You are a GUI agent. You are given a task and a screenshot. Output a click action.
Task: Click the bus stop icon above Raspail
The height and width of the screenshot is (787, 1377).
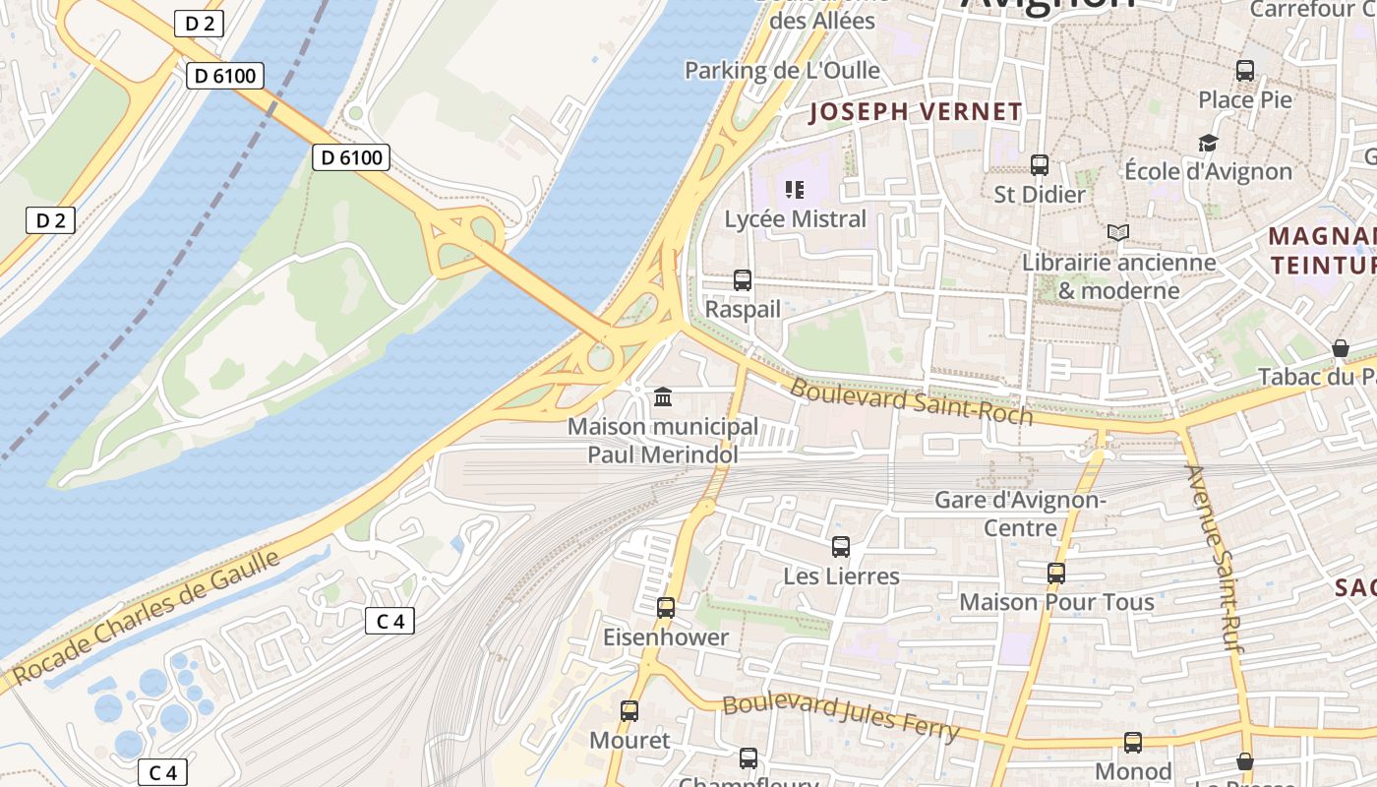point(743,280)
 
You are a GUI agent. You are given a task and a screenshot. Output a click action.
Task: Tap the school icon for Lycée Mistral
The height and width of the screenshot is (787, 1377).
point(795,189)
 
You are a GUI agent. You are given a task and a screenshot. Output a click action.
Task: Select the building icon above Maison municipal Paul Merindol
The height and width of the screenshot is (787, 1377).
point(663,397)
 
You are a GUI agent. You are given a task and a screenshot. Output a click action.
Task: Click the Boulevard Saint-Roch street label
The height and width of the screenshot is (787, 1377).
point(911,401)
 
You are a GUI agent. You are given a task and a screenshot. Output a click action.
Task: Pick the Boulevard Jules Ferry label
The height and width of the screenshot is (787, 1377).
point(841,716)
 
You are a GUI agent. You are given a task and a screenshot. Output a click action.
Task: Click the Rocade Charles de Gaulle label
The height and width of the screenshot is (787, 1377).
point(148,617)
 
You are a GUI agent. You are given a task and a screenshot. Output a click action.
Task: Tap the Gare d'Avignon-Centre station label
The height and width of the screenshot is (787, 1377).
point(1020,514)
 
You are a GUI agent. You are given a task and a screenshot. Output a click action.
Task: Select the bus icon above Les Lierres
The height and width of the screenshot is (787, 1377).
point(841,547)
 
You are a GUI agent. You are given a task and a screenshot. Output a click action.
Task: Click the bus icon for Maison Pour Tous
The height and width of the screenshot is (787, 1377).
point(1056,573)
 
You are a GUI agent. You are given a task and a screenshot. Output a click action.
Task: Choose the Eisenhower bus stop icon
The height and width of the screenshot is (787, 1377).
point(666,608)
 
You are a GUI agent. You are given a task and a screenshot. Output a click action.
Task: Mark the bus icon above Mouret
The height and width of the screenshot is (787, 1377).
point(629,710)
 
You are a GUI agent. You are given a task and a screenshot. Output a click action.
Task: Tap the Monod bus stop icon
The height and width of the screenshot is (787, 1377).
point(1133,743)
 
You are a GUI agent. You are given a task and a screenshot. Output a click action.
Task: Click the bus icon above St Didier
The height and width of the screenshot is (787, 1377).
point(1040,165)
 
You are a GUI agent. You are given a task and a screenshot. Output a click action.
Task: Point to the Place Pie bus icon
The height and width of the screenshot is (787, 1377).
point(1245,71)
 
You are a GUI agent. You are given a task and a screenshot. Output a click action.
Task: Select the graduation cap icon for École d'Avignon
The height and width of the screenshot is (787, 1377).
point(1208,144)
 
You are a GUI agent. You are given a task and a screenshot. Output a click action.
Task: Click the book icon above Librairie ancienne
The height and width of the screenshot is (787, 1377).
point(1117,233)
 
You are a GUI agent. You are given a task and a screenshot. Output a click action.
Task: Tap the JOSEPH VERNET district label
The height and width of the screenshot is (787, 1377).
point(916,112)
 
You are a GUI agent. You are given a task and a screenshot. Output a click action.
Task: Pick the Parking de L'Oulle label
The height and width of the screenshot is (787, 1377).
point(782,70)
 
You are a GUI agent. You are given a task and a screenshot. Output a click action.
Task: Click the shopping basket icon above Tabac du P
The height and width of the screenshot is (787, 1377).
point(1340,348)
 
